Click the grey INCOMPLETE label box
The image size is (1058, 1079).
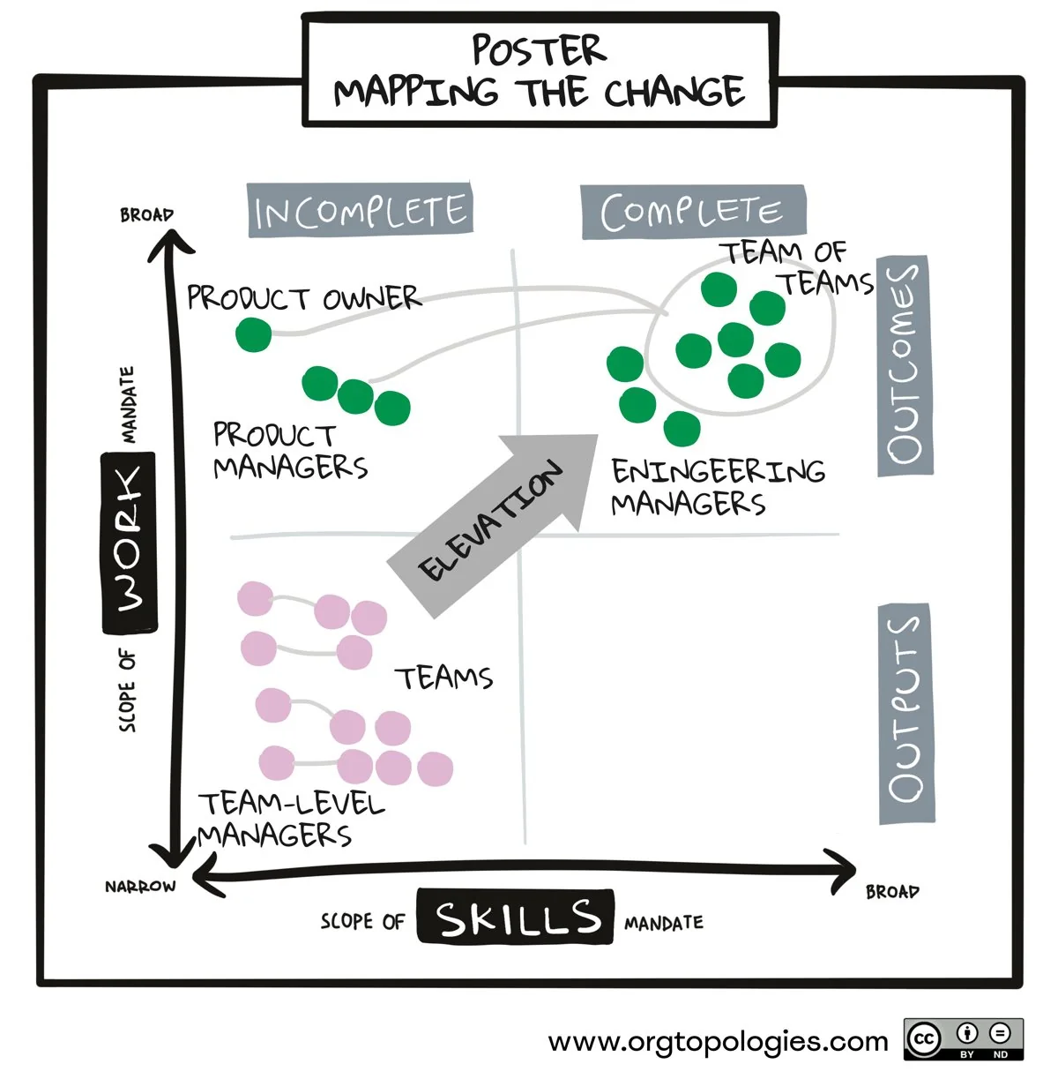pyautogui.click(x=360, y=209)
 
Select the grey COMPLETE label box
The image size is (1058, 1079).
pyautogui.click(x=693, y=212)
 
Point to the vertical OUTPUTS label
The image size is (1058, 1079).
pyautogui.click(x=906, y=714)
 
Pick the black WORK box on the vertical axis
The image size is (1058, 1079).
pyautogui.click(x=130, y=543)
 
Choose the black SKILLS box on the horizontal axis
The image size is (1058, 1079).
pyautogui.click(x=516, y=916)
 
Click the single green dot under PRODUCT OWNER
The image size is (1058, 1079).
pyautogui.click(x=254, y=334)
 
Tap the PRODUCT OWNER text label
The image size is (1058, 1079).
pyautogui.click(x=304, y=297)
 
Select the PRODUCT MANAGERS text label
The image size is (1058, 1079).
pyautogui.click(x=290, y=452)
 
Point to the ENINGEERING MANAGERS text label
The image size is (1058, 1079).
pyautogui.click(x=718, y=487)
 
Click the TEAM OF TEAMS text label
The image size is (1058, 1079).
pyautogui.click(x=798, y=267)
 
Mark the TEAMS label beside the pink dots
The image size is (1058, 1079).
pyautogui.click(x=443, y=678)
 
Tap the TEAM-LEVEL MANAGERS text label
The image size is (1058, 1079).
pyautogui.click(x=291, y=820)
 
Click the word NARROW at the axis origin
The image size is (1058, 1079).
pyautogui.click(x=140, y=887)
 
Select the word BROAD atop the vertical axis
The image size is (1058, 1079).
pyautogui.click(x=146, y=214)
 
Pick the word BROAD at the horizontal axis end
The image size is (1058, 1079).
pyautogui.click(x=892, y=891)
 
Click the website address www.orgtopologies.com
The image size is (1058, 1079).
pyautogui.click(x=718, y=1041)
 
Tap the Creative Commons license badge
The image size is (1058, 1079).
pyautogui.click(x=964, y=1039)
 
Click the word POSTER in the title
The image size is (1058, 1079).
pyautogui.click(x=539, y=50)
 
